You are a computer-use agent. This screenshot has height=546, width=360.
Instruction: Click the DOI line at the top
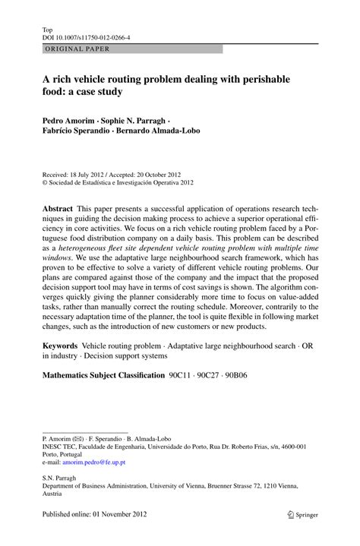(x=86, y=36)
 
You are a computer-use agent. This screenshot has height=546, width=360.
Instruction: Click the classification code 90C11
(x=181, y=375)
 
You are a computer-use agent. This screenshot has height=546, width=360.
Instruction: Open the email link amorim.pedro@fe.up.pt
(x=94, y=462)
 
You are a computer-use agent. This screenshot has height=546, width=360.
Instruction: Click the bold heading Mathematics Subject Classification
(x=103, y=375)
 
